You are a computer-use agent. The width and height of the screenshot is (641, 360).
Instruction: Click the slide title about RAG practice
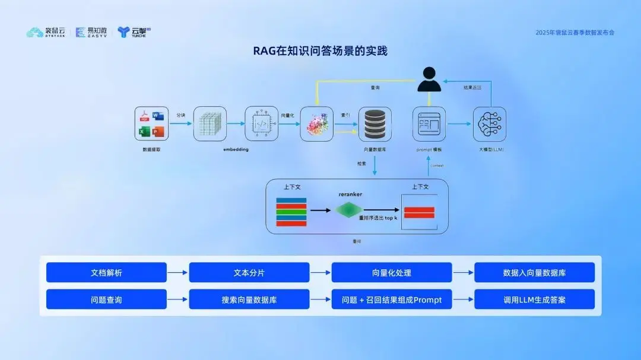320,51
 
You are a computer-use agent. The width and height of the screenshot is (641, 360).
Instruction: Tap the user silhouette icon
429,79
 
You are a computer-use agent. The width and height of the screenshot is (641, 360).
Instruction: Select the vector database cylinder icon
375,123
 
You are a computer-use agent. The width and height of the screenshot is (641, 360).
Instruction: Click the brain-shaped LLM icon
489,123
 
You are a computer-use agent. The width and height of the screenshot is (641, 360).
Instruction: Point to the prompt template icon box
429,123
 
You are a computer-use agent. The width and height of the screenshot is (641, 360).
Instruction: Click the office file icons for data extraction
151,123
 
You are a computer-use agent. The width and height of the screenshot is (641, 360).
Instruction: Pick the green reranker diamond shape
348,210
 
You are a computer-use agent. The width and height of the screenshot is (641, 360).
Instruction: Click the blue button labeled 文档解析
106,273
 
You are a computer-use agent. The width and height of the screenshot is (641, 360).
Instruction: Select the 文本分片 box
249,273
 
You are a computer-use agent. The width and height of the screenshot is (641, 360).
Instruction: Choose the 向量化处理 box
391,273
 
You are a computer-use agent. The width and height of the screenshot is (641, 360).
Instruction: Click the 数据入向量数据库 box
534,273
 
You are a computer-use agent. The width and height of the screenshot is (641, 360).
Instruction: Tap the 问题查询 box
106,300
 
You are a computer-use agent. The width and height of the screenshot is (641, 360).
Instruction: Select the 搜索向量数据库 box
249,300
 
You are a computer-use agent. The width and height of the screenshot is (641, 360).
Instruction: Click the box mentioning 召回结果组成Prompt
391,300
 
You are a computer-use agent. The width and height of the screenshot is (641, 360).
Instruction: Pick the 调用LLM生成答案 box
534,300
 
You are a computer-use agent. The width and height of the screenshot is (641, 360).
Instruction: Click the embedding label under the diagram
236,149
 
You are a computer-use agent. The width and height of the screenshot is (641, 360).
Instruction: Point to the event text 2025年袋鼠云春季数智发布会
575,33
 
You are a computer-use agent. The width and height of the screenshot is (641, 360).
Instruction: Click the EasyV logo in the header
92,32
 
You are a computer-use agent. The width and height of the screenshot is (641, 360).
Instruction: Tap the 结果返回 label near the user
472,88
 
